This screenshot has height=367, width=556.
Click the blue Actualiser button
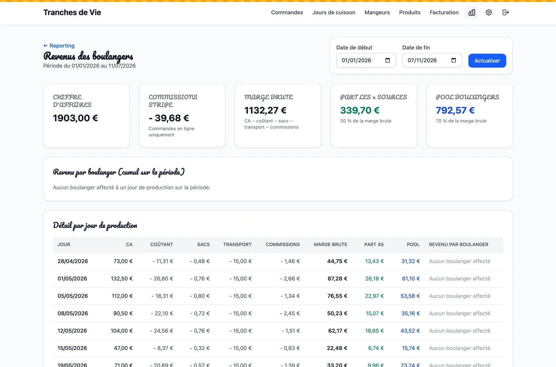click(487, 60)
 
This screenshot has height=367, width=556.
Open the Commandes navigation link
click(287, 13)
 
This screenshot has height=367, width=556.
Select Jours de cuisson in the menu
click(334, 13)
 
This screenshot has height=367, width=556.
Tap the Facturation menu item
click(444, 13)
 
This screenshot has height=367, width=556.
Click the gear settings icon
click(489, 13)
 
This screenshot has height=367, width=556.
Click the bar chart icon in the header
click(472, 13)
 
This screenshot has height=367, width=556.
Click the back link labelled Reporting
click(59, 46)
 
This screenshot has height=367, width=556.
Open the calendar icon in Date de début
click(388, 60)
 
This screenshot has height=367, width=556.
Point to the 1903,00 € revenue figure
click(75, 118)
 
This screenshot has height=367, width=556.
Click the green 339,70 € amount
click(360, 110)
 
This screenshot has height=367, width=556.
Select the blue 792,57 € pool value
click(455, 110)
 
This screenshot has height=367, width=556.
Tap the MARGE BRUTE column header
click(330, 245)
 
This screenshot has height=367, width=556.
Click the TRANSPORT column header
click(237, 245)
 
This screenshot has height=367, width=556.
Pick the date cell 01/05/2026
click(72, 279)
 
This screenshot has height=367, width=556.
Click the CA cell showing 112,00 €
click(122, 296)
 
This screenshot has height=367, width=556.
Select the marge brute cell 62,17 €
click(337, 331)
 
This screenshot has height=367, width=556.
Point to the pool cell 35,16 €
click(410, 313)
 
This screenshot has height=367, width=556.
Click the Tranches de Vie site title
click(72, 13)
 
